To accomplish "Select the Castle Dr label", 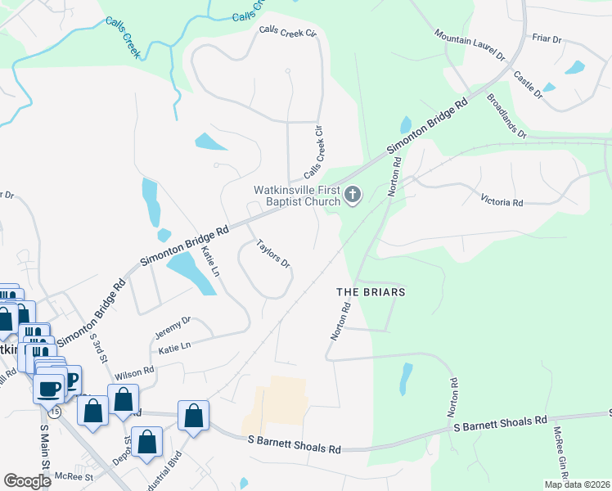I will [x=528, y=85].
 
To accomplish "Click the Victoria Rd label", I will [x=502, y=201].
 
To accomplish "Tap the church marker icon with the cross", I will [x=353, y=195].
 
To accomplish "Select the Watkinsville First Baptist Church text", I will [x=296, y=196].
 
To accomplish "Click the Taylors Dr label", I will [x=273, y=254].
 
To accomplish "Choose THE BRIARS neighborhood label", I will [x=371, y=291].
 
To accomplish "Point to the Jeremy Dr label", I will [x=173, y=327].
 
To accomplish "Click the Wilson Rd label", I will [x=135, y=372].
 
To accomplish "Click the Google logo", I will [x=28, y=481].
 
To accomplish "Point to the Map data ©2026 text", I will [x=576, y=484].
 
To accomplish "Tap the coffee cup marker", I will [x=49, y=386].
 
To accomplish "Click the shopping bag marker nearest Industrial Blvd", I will [x=148, y=440].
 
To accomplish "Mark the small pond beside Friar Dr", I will [x=574, y=67].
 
